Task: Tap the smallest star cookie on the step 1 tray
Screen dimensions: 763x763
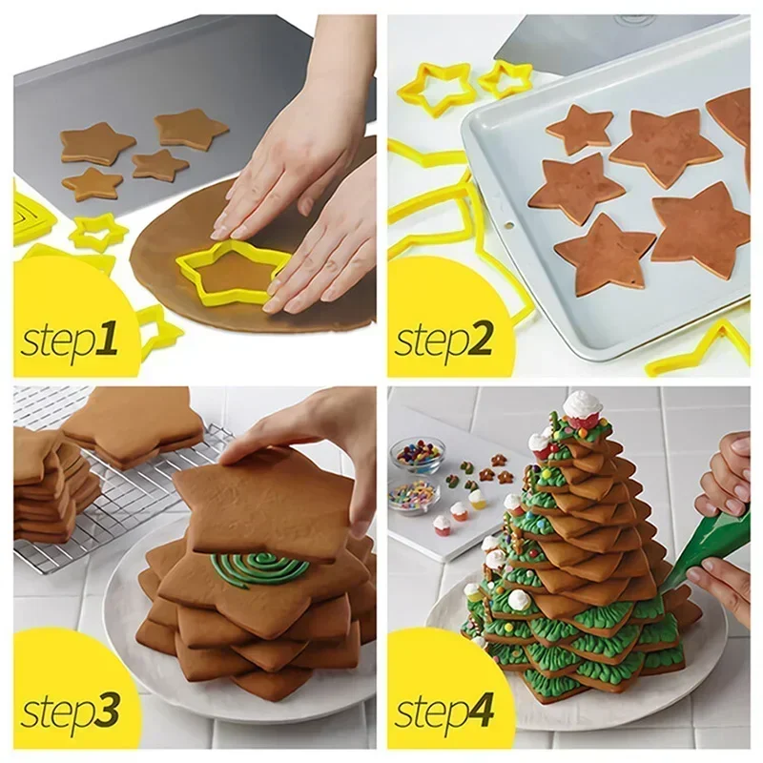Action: tap(159, 165)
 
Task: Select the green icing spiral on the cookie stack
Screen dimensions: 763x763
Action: tap(258, 568)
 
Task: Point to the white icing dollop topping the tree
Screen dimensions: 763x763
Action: tap(582, 404)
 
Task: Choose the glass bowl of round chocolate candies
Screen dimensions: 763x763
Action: tap(417, 454)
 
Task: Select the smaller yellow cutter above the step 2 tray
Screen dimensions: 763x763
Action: tap(505, 78)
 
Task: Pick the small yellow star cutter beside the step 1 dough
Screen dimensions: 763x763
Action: tap(97, 231)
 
